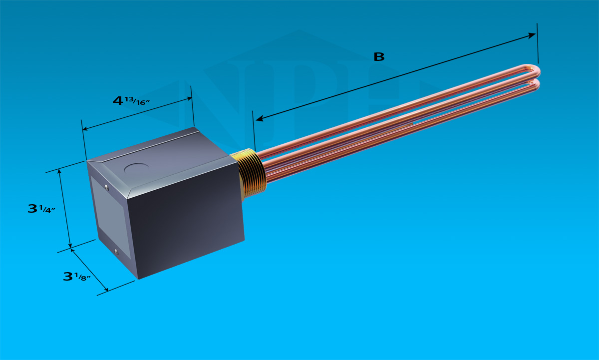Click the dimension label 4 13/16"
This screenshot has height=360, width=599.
(x=131, y=101)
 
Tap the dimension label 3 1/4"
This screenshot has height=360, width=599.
(x=41, y=209)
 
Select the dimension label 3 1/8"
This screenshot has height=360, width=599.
(x=77, y=277)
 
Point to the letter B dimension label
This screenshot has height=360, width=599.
(x=379, y=57)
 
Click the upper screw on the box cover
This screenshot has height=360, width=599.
(x=107, y=187)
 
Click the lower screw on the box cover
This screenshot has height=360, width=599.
(x=116, y=252)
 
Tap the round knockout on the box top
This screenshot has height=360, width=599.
(x=136, y=168)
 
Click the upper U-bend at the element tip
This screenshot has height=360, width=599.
(x=534, y=71)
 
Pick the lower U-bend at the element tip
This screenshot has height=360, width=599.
(x=534, y=85)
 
